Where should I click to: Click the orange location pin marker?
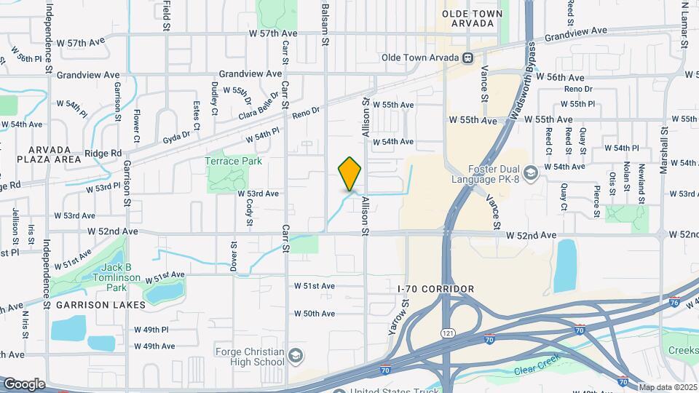click(349, 175)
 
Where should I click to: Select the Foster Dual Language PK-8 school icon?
click(531, 172)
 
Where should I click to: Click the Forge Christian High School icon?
click(295, 356)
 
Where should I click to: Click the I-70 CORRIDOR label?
click(436, 289)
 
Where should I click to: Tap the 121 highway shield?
click(443, 333)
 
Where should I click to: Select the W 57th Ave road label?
click(273, 33)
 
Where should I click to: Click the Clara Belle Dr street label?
click(258, 106)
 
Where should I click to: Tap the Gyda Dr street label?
click(176, 135)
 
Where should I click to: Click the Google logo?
click(24, 384)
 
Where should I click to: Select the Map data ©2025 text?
click(667, 386)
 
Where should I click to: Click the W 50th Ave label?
click(315, 314)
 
